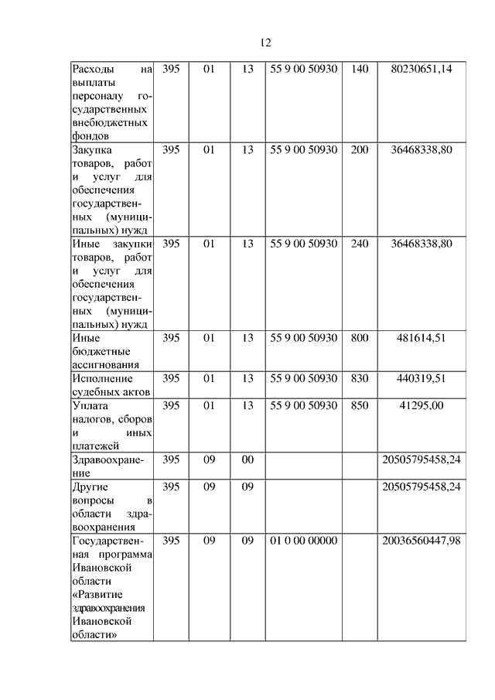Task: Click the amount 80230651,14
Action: pyautogui.click(x=422, y=70)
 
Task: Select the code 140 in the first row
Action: pyautogui.click(x=360, y=70)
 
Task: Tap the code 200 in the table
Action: pyautogui.click(x=360, y=149)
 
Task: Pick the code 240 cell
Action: pyautogui.click(x=360, y=244)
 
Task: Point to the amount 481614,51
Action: pyautogui.click(x=422, y=338)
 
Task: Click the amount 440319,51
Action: pyautogui.click(x=422, y=378)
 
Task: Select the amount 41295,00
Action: pyautogui.click(x=422, y=405)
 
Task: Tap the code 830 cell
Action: pyautogui.click(x=360, y=378)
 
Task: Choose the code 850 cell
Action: pyautogui.click(x=360, y=405)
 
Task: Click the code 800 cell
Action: pyautogui.click(x=360, y=338)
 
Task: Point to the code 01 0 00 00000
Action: pyautogui.click(x=304, y=540)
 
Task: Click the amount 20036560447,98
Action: pyautogui.click(x=422, y=540)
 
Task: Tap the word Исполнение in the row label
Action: pyautogui.click(x=102, y=378)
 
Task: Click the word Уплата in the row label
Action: pyautogui.click(x=90, y=405)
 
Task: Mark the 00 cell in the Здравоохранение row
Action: pyautogui.click(x=247, y=459)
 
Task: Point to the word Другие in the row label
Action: pyautogui.click(x=91, y=487)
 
